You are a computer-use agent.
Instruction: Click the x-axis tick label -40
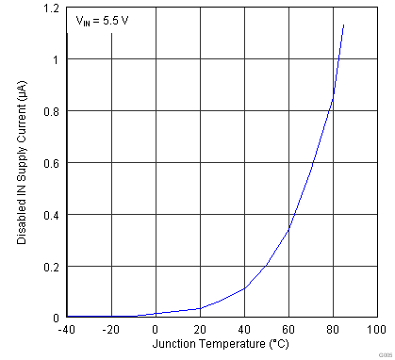(x=67, y=329)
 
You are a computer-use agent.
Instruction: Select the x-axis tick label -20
(x=111, y=329)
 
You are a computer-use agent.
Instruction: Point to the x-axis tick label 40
(x=245, y=329)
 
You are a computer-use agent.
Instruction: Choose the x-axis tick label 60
(x=289, y=329)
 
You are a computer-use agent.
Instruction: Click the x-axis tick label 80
(x=333, y=329)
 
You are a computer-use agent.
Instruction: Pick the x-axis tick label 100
(x=376, y=329)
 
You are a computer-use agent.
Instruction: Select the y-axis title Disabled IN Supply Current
(x=21, y=163)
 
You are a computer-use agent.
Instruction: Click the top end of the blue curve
(x=344, y=25)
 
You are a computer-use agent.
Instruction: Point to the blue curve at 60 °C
(x=289, y=228)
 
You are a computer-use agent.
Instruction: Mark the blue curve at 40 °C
(x=245, y=287)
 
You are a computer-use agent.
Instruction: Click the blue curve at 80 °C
(x=333, y=97)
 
